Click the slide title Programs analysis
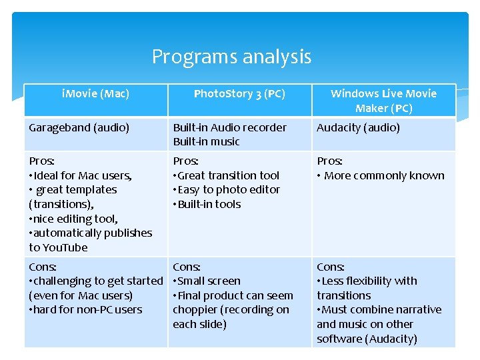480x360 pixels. [x=231, y=57]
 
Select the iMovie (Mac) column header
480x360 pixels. [x=95, y=94]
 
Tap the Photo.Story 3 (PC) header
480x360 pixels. [x=239, y=94]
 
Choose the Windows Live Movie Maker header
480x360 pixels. [x=383, y=101]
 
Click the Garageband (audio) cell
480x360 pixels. [x=79, y=127]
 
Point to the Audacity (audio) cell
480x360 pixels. [x=358, y=127]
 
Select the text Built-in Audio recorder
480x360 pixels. [x=229, y=127]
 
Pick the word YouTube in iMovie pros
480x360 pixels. [x=65, y=247]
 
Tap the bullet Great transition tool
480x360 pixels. [x=227, y=176]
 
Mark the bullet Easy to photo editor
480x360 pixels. [x=227, y=190]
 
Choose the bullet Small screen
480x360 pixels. [x=208, y=281]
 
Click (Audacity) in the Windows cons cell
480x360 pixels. [x=388, y=339]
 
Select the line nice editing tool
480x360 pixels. [x=74, y=219]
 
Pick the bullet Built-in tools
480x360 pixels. [x=208, y=205]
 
